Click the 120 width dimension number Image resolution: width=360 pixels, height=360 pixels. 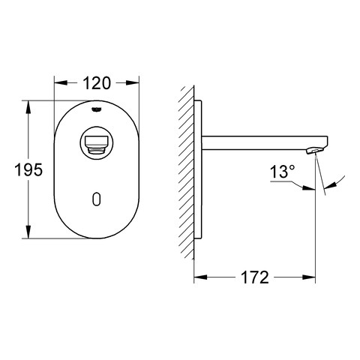coord(97,83)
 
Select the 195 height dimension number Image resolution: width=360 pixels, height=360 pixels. coord(28,169)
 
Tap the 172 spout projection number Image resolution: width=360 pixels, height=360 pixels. coord(255,277)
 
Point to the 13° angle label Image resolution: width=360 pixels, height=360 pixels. coord(282,172)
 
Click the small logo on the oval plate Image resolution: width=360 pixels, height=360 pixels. coord(97,109)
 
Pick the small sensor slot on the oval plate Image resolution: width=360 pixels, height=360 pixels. coord(97,199)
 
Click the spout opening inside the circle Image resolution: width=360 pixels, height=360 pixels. coord(96,143)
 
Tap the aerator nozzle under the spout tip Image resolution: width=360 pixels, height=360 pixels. coord(314,151)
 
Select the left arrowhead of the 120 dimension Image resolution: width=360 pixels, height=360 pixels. coord(61,83)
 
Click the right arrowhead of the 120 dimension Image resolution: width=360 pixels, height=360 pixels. coord(132,83)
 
